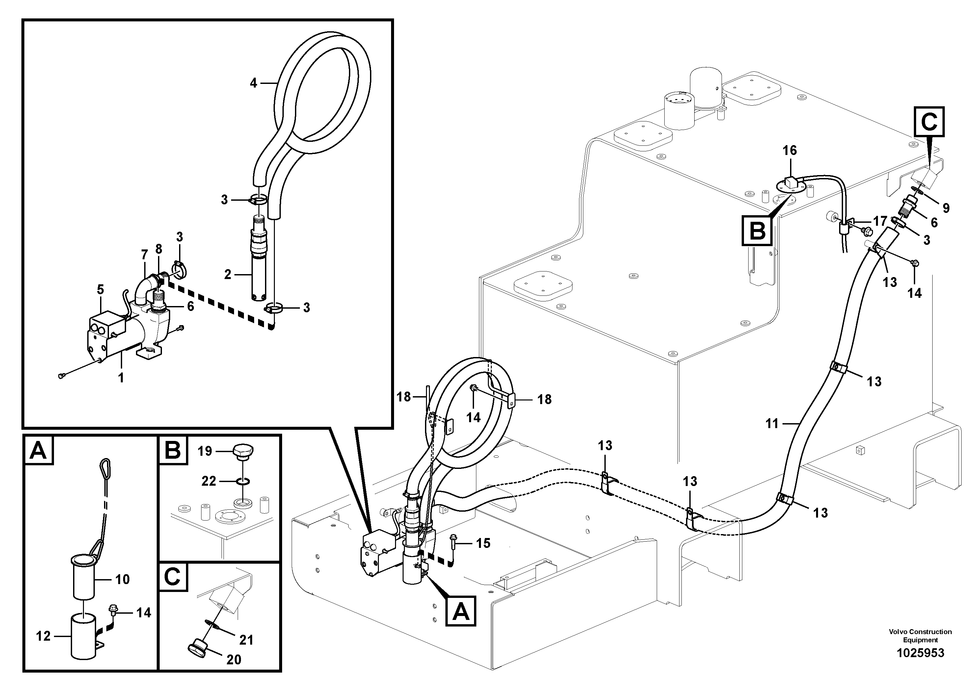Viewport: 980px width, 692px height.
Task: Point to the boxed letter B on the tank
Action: pos(757,231)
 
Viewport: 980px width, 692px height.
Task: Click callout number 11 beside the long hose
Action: pos(772,423)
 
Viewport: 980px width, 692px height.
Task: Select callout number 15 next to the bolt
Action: pos(483,543)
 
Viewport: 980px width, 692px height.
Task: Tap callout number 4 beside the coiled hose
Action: pos(253,83)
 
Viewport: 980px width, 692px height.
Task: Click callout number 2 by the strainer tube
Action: pos(227,274)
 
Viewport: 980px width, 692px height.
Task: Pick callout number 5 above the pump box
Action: pos(100,290)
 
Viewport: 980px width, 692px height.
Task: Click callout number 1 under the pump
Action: pos(121,377)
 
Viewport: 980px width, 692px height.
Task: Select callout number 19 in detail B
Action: pos(205,451)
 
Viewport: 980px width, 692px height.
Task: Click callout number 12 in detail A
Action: pos(43,636)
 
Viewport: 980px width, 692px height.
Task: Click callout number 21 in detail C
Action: pos(246,640)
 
